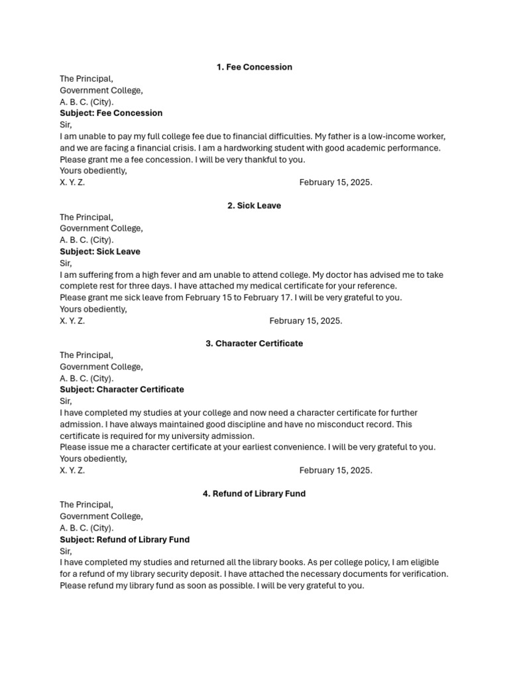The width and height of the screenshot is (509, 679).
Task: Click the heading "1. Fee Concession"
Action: pyautogui.click(x=254, y=67)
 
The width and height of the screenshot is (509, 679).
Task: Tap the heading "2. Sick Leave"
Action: pyautogui.click(x=254, y=206)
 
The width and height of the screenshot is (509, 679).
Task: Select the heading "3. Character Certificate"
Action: pyautogui.click(x=254, y=343)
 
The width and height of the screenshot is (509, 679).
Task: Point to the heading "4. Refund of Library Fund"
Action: pyautogui.click(x=254, y=494)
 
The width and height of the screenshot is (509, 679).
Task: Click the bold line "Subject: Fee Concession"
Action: pyautogui.click(x=111, y=113)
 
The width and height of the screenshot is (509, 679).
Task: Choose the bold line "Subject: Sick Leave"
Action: pyautogui.click(x=100, y=252)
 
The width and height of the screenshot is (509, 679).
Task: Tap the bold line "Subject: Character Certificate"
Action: pyautogui.click(x=122, y=390)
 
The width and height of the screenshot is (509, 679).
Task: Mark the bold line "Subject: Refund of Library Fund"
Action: pyautogui.click(x=125, y=540)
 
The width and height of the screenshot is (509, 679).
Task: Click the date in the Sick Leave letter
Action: pyautogui.click(x=306, y=321)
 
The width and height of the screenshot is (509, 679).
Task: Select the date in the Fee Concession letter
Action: pyautogui.click(x=335, y=182)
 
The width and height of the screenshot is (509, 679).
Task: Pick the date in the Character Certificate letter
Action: pyautogui.click(x=335, y=471)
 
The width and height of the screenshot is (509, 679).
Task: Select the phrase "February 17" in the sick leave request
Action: pyautogui.click(x=266, y=298)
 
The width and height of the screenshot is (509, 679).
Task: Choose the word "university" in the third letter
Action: pyautogui.click(x=194, y=436)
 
